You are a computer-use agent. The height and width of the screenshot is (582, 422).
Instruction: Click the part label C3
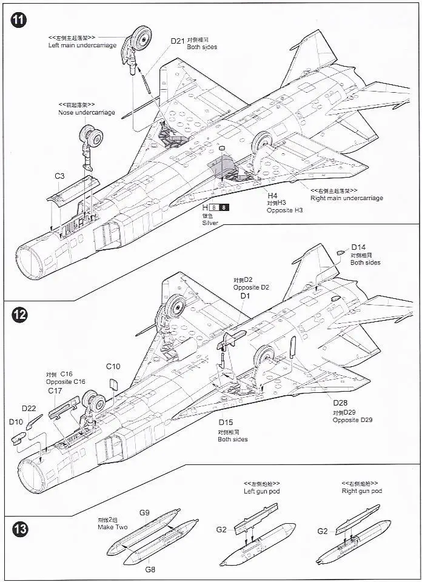pyautogui.click(x=59, y=176)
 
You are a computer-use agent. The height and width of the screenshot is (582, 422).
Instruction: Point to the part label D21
pyautogui.click(x=177, y=41)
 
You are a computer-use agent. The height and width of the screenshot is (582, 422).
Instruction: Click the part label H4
pyautogui.click(x=273, y=196)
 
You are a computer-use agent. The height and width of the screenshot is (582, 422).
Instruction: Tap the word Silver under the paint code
pyautogui.click(x=211, y=223)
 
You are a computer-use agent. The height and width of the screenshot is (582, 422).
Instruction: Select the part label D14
pyautogui.click(x=358, y=247)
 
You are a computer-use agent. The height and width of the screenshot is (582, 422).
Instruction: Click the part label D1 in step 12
pyautogui.click(x=245, y=295)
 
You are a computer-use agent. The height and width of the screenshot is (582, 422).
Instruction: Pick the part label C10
pyautogui.click(x=113, y=366)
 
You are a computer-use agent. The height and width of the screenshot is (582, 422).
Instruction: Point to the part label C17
pyautogui.click(x=55, y=391)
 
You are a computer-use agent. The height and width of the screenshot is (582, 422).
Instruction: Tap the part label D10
pyautogui.click(x=16, y=421)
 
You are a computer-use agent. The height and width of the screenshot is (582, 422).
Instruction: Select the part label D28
pyautogui.click(x=340, y=404)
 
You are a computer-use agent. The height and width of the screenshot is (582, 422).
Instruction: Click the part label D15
pyautogui.click(x=226, y=423)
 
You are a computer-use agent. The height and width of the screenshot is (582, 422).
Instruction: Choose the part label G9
pyautogui.click(x=144, y=513)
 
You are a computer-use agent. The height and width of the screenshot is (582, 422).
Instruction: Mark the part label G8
pyautogui.click(x=150, y=569)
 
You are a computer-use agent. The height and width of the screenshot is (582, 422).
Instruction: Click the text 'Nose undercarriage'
pyautogui.click(x=87, y=113)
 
